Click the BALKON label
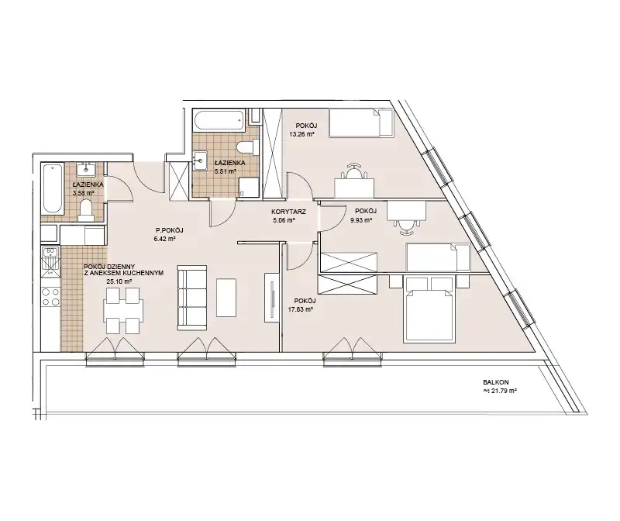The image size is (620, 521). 496,382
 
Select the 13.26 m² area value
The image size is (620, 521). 301,134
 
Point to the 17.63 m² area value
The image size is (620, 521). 302,310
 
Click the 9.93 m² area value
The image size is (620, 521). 361,220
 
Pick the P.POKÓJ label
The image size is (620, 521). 169,230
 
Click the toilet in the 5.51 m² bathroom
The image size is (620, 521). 247,148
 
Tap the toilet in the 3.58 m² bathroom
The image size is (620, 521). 85,210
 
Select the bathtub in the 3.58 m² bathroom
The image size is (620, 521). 52,188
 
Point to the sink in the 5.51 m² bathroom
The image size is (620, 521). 200,160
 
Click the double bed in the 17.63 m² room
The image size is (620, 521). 429,309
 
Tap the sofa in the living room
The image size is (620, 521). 192,298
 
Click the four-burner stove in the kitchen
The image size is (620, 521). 50,297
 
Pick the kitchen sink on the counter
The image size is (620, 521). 50,261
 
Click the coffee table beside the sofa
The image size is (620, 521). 226,298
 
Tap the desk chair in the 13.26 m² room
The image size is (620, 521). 354,171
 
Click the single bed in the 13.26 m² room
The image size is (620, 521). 361,123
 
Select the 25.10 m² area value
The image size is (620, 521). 119,281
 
